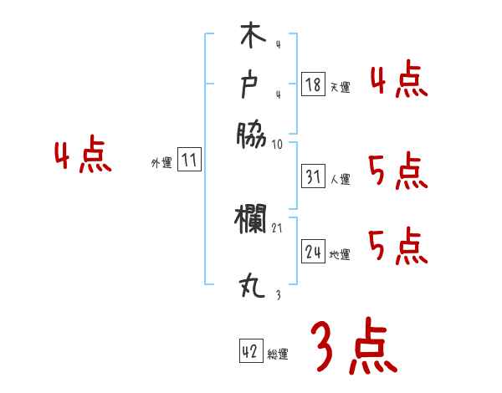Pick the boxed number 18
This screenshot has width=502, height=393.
coord(313,84)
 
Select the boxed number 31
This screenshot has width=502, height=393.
coord(313,177)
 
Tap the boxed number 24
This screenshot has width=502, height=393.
coord(313,252)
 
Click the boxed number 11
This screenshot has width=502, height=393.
coord(190,161)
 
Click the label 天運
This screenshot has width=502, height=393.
coord(341,87)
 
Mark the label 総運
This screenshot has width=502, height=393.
coord(279,354)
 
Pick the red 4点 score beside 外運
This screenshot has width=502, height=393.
coord(82,157)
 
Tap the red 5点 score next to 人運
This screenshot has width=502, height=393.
coord(398,173)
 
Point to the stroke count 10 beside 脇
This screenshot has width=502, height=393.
coord(278,144)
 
